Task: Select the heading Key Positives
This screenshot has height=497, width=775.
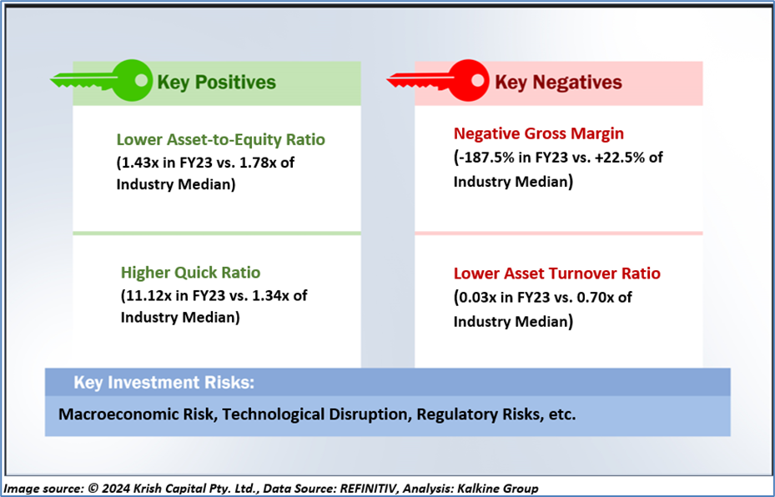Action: [x=217, y=83]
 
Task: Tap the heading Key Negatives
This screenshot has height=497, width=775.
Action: [x=558, y=83]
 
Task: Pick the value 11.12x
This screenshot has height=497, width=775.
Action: [x=148, y=295]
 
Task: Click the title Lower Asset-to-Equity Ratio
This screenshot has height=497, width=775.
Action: [x=221, y=140]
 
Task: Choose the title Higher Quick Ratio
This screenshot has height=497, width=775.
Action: [x=191, y=272]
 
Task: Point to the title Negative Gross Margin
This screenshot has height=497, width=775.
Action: [x=539, y=133]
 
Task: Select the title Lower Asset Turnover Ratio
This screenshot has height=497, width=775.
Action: [x=557, y=274]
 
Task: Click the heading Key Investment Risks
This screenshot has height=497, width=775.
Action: [x=164, y=383]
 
